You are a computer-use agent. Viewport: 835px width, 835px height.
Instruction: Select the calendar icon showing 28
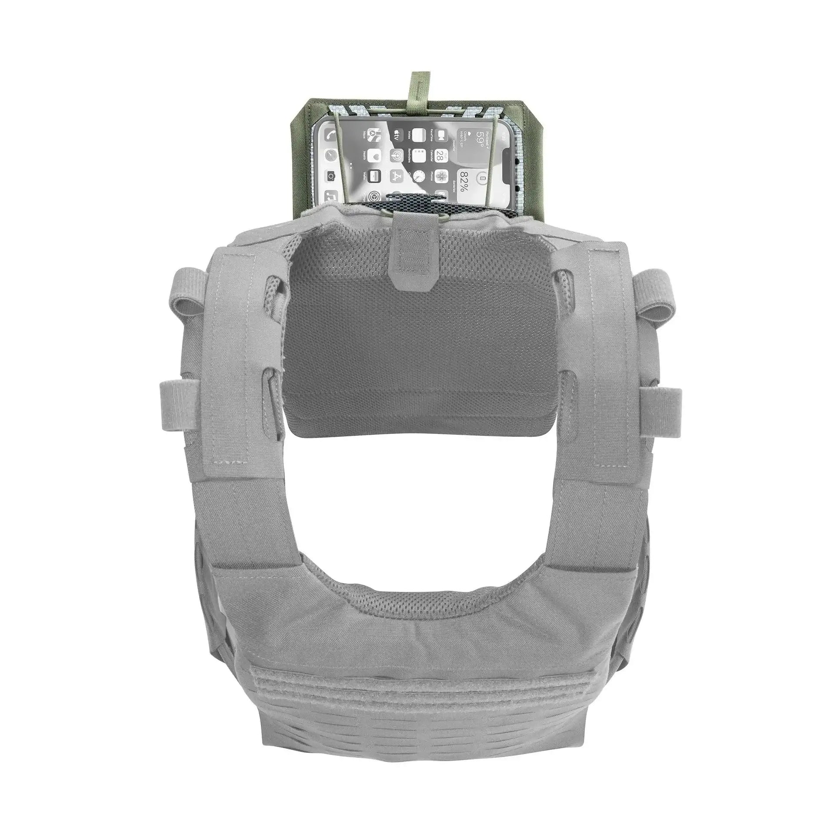(441, 156)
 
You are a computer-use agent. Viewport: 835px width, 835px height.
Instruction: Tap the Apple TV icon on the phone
(397, 135)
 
